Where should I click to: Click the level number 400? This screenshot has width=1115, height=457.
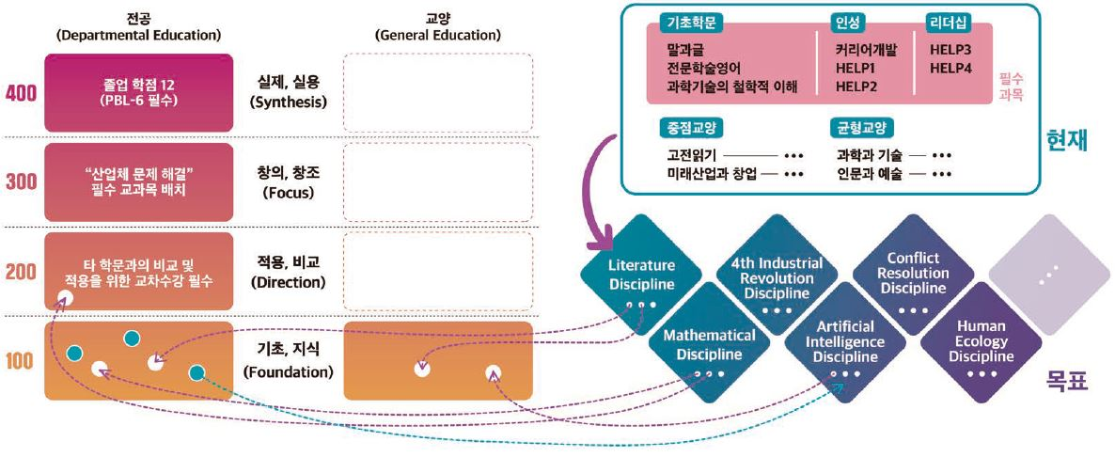pyautogui.click(x=21, y=94)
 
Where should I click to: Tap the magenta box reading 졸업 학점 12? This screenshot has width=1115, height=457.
pyautogui.click(x=138, y=92)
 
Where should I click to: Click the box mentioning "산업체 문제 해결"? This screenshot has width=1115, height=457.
pyautogui.click(x=138, y=181)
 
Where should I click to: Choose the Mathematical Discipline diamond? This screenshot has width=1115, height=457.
pyautogui.click(x=709, y=345)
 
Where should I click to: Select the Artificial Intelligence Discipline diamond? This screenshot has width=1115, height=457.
pyautogui.click(x=844, y=345)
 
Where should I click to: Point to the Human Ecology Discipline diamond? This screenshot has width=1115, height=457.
pyautogui.click(x=981, y=345)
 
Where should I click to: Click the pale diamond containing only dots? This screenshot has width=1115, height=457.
pyautogui.click(x=1047, y=274)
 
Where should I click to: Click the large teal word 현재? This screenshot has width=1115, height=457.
pyautogui.click(x=1066, y=141)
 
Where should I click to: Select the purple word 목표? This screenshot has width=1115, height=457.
pyautogui.click(x=1066, y=383)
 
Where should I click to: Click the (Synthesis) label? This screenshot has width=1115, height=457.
pyautogui.click(x=289, y=102)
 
